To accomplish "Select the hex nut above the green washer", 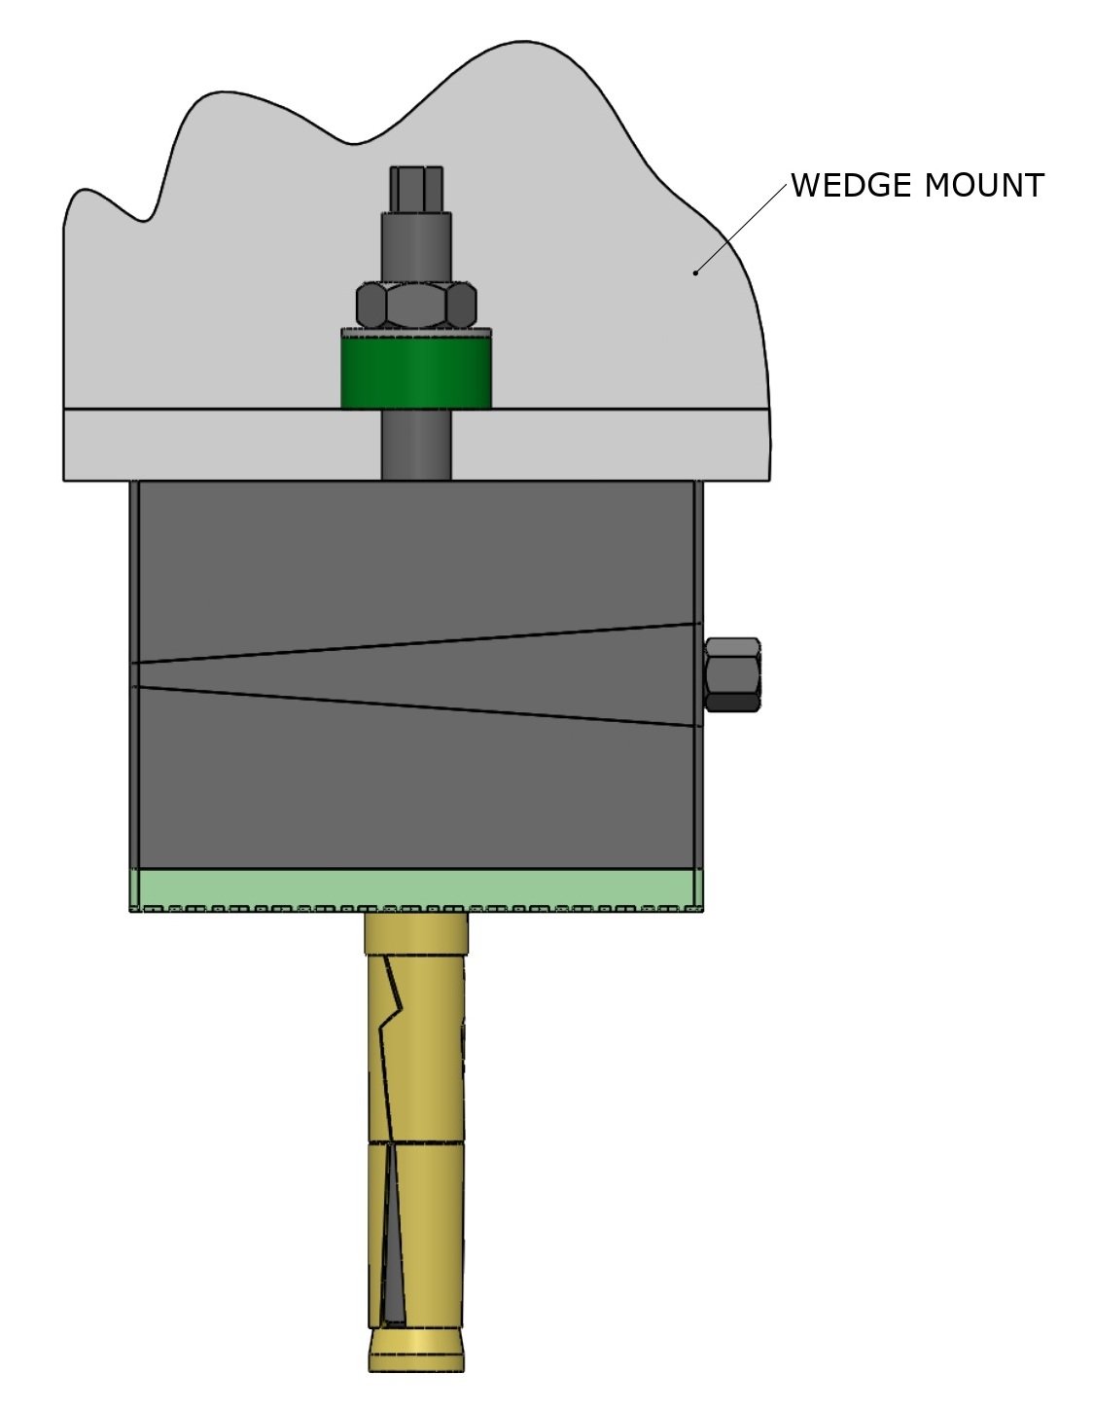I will pos(417,306).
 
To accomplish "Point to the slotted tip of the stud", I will pos(416,187).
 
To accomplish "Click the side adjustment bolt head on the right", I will pos(733,674).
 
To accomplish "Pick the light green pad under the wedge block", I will pos(416,887).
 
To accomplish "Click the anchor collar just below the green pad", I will pos(416,934).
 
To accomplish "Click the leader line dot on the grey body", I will pos(695,272).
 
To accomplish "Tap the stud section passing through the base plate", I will pos(416,445).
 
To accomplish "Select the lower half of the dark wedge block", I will pos(416,788).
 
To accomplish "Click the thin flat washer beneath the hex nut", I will pos(416,331).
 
